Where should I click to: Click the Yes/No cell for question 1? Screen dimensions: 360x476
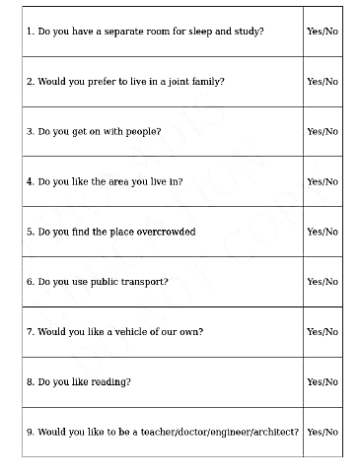click(322, 32)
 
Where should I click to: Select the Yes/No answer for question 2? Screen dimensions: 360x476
click(322, 82)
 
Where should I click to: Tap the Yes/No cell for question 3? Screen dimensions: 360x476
click(322, 131)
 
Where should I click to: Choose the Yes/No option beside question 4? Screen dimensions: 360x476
click(322, 181)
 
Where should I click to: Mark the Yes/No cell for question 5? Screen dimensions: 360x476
click(322, 232)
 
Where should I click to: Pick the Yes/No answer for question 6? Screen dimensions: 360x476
click(322, 282)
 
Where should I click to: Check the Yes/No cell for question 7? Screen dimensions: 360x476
click(322, 332)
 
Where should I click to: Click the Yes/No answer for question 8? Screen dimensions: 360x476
click(322, 381)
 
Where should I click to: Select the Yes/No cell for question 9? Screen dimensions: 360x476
click(322, 432)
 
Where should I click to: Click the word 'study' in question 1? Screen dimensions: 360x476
click(252, 32)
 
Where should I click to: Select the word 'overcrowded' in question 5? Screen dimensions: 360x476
click(164, 232)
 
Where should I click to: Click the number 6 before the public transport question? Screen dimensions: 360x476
click(30, 282)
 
